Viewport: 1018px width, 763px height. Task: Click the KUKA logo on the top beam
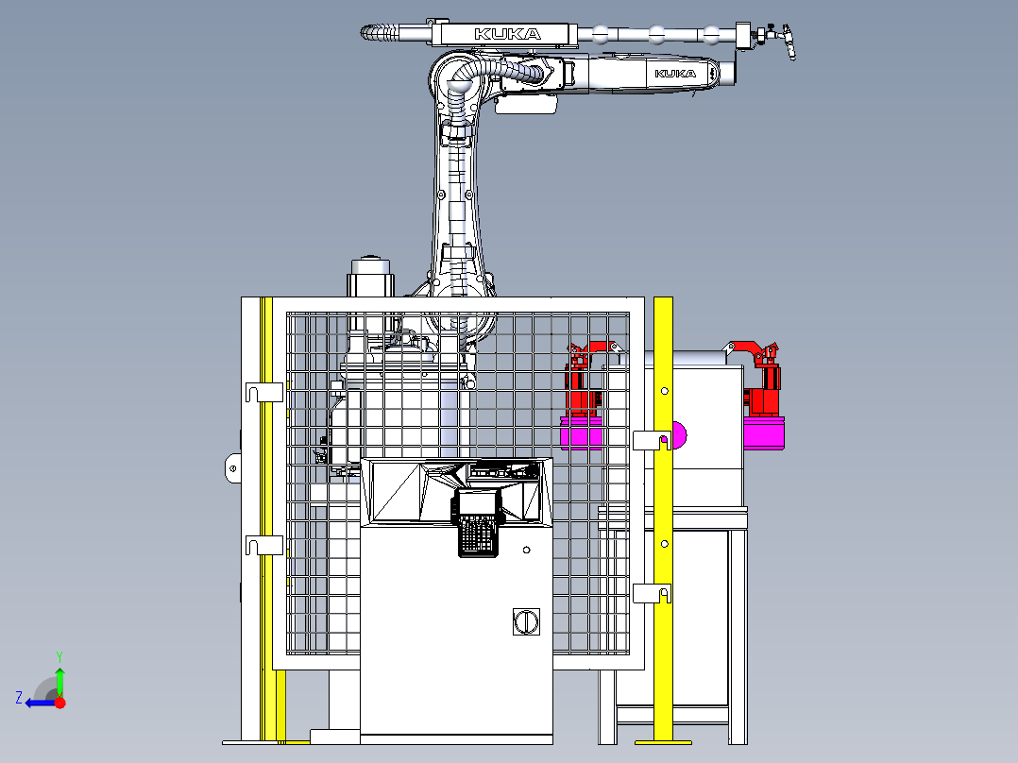tap(507, 34)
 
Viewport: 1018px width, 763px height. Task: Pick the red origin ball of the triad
tap(60, 702)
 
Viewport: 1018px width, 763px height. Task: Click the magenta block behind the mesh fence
tap(582, 432)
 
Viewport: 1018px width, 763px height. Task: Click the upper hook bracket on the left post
tap(263, 391)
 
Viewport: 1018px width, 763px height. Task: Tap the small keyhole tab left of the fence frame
tap(232, 467)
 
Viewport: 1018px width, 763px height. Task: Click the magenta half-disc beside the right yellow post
tap(680, 436)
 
